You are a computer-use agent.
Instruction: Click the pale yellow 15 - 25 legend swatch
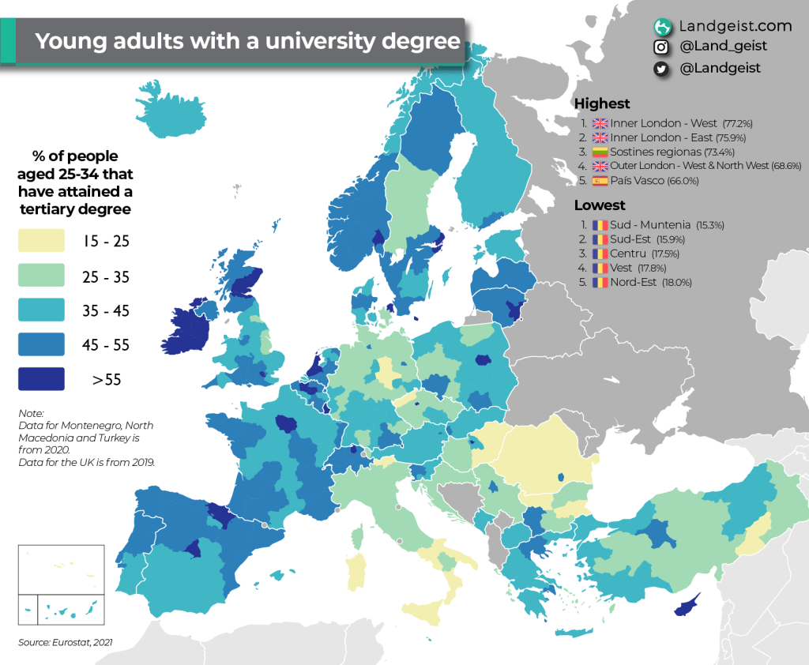click(41, 241)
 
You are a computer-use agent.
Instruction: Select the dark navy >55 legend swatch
click(41, 379)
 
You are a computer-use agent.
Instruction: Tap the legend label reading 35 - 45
click(106, 310)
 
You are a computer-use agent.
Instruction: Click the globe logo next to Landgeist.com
click(662, 26)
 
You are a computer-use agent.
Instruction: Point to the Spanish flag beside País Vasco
click(600, 181)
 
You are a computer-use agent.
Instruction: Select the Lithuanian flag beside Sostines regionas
click(600, 152)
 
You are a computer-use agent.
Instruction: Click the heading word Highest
click(602, 103)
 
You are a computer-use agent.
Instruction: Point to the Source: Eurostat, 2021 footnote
click(66, 642)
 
